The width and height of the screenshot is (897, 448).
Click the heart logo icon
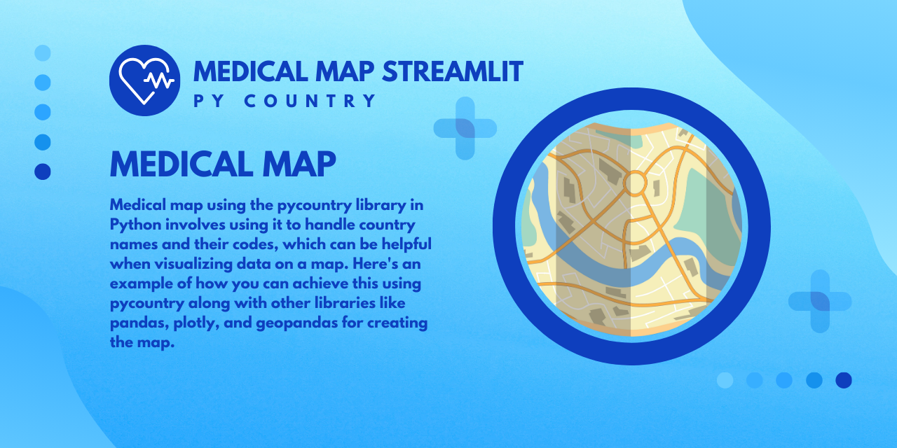[x=144, y=80]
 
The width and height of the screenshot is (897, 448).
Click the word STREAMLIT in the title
[x=453, y=72]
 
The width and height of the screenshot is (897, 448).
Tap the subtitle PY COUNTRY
[x=285, y=101]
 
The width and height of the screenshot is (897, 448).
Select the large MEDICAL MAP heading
[x=223, y=164]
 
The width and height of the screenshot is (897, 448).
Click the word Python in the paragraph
[x=135, y=225]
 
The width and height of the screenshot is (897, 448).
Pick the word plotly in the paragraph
[x=196, y=323]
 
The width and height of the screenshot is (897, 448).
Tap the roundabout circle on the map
[x=635, y=183]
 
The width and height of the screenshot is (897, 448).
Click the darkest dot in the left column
[x=43, y=171]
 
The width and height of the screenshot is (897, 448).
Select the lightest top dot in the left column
[x=43, y=52]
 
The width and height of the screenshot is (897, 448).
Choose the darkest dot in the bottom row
[x=843, y=380]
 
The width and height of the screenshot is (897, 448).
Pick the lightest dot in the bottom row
[x=725, y=380]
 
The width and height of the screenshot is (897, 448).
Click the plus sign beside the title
[x=465, y=128]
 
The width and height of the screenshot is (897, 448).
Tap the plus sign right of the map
[x=820, y=301]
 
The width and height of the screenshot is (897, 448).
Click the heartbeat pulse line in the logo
[x=159, y=80]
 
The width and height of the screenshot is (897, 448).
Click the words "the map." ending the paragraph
[x=142, y=342]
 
